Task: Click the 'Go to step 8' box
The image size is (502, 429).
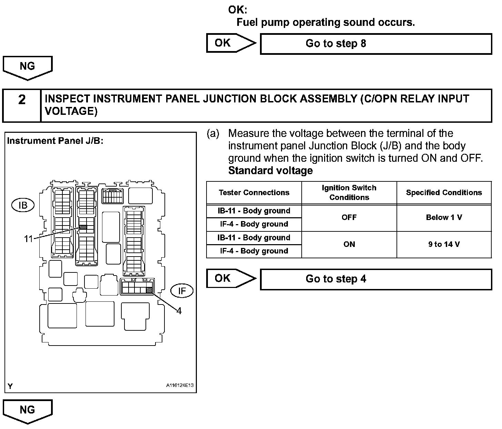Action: point(376,44)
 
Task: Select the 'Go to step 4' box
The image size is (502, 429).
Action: point(376,279)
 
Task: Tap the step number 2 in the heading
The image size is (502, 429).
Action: point(22,100)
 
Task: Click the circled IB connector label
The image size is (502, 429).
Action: point(23,205)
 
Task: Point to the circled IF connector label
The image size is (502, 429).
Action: point(182,291)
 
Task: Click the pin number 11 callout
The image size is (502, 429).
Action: point(28,239)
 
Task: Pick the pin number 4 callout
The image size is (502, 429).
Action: point(179,311)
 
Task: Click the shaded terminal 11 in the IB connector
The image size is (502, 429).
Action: point(83,227)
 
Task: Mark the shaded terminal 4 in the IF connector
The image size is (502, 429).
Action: point(149,290)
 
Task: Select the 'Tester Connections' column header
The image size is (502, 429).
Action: point(254,192)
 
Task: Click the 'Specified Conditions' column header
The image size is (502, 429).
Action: point(444,192)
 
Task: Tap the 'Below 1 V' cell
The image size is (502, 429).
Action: point(444,217)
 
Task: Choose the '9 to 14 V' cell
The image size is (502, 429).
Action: point(444,244)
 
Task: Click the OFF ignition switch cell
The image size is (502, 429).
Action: point(349,217)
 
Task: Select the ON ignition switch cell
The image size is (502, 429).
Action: point(349,244)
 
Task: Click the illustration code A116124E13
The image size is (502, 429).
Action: point(180,385)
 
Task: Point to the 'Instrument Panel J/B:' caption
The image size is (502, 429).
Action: point(55,141)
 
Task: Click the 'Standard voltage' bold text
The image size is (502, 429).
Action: point(271,171)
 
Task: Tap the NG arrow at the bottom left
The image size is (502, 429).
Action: point(28,411)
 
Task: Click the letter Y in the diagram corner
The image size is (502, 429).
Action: point(10,386)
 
